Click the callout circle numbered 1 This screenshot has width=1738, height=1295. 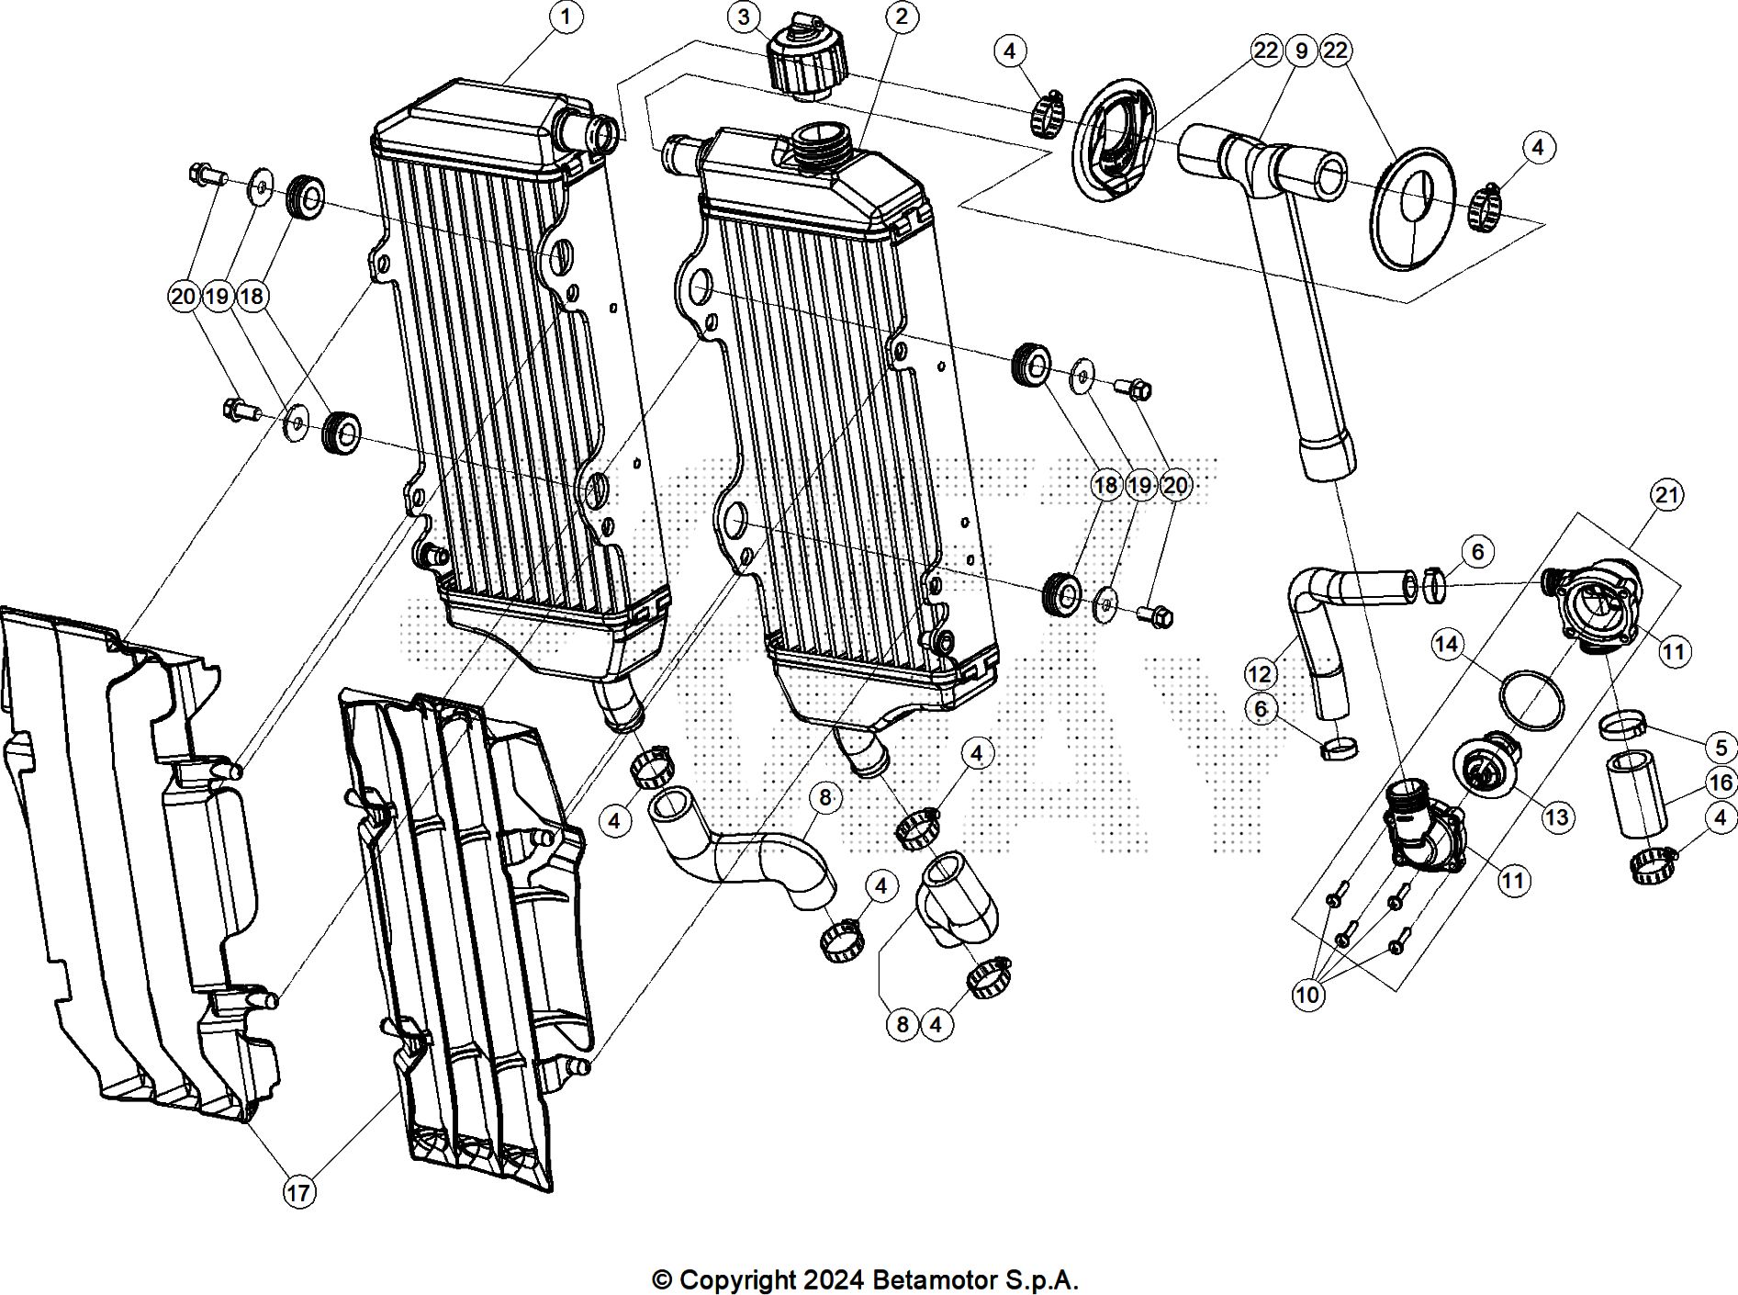566,17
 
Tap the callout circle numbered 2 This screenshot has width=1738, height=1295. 902,17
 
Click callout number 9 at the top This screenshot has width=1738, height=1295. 1300,51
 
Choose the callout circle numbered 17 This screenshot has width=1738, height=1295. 298,1192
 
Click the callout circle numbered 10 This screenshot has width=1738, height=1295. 1308,994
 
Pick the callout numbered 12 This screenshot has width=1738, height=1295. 1261,675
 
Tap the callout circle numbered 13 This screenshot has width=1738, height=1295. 1558,816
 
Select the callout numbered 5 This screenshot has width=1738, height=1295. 1721,747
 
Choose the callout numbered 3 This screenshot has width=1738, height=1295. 744,17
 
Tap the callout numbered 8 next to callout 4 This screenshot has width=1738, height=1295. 902,1023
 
